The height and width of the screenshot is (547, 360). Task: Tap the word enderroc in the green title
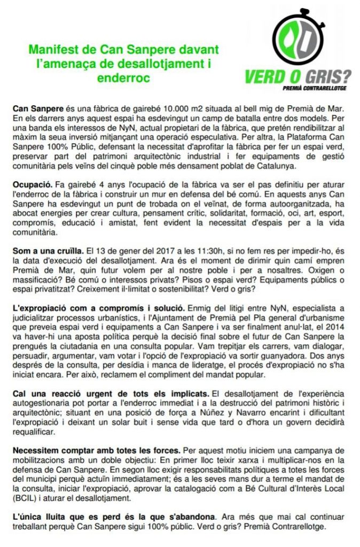coord(123,77)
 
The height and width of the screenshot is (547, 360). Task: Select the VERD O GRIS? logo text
coord(298,75)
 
